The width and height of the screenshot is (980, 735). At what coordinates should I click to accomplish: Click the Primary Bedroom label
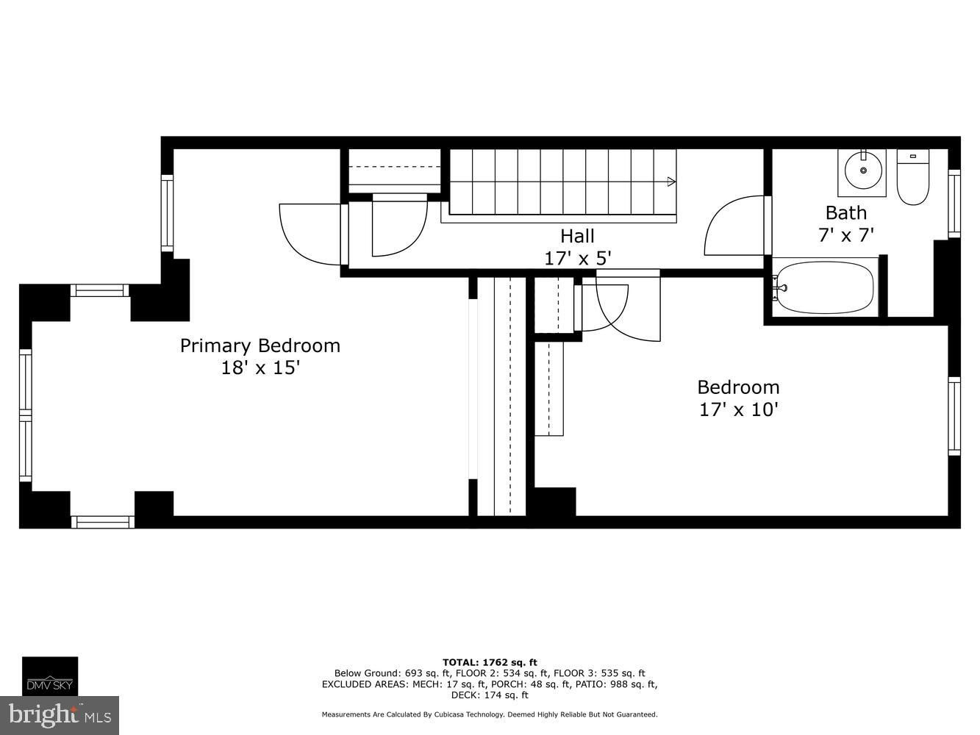click(260, 345)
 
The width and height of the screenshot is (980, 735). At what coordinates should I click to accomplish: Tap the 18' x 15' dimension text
click(260, 367)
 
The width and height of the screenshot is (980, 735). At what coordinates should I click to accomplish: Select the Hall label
click(577, 236)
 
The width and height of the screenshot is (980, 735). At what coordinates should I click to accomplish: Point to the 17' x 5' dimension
click(577, 258)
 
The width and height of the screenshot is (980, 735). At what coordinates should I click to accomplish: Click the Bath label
click(845, 212)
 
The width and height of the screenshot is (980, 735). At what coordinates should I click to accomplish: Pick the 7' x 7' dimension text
click(845, 234)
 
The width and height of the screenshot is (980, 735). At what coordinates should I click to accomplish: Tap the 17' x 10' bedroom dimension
click(738, 409)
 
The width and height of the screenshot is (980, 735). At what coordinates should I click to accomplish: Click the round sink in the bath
click(863, 170)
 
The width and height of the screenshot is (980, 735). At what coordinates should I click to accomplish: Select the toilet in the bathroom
click(913, 177)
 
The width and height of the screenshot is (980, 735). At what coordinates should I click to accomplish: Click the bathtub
click(825, 287)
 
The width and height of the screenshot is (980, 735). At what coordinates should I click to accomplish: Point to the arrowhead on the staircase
click(671, 182)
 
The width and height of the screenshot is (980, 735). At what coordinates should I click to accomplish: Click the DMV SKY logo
click(50, 676)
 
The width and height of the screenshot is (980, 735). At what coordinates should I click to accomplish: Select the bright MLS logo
click(60, 715)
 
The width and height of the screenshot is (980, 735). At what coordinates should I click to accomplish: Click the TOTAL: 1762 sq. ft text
click(490, 662)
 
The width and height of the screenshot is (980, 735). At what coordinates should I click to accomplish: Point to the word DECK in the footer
click(463, 695)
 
